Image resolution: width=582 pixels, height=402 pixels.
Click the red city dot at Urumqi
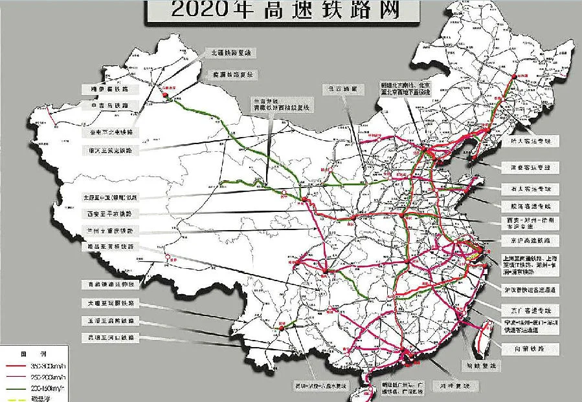(166, 96)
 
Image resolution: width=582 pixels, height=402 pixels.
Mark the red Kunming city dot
(282, 329)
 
